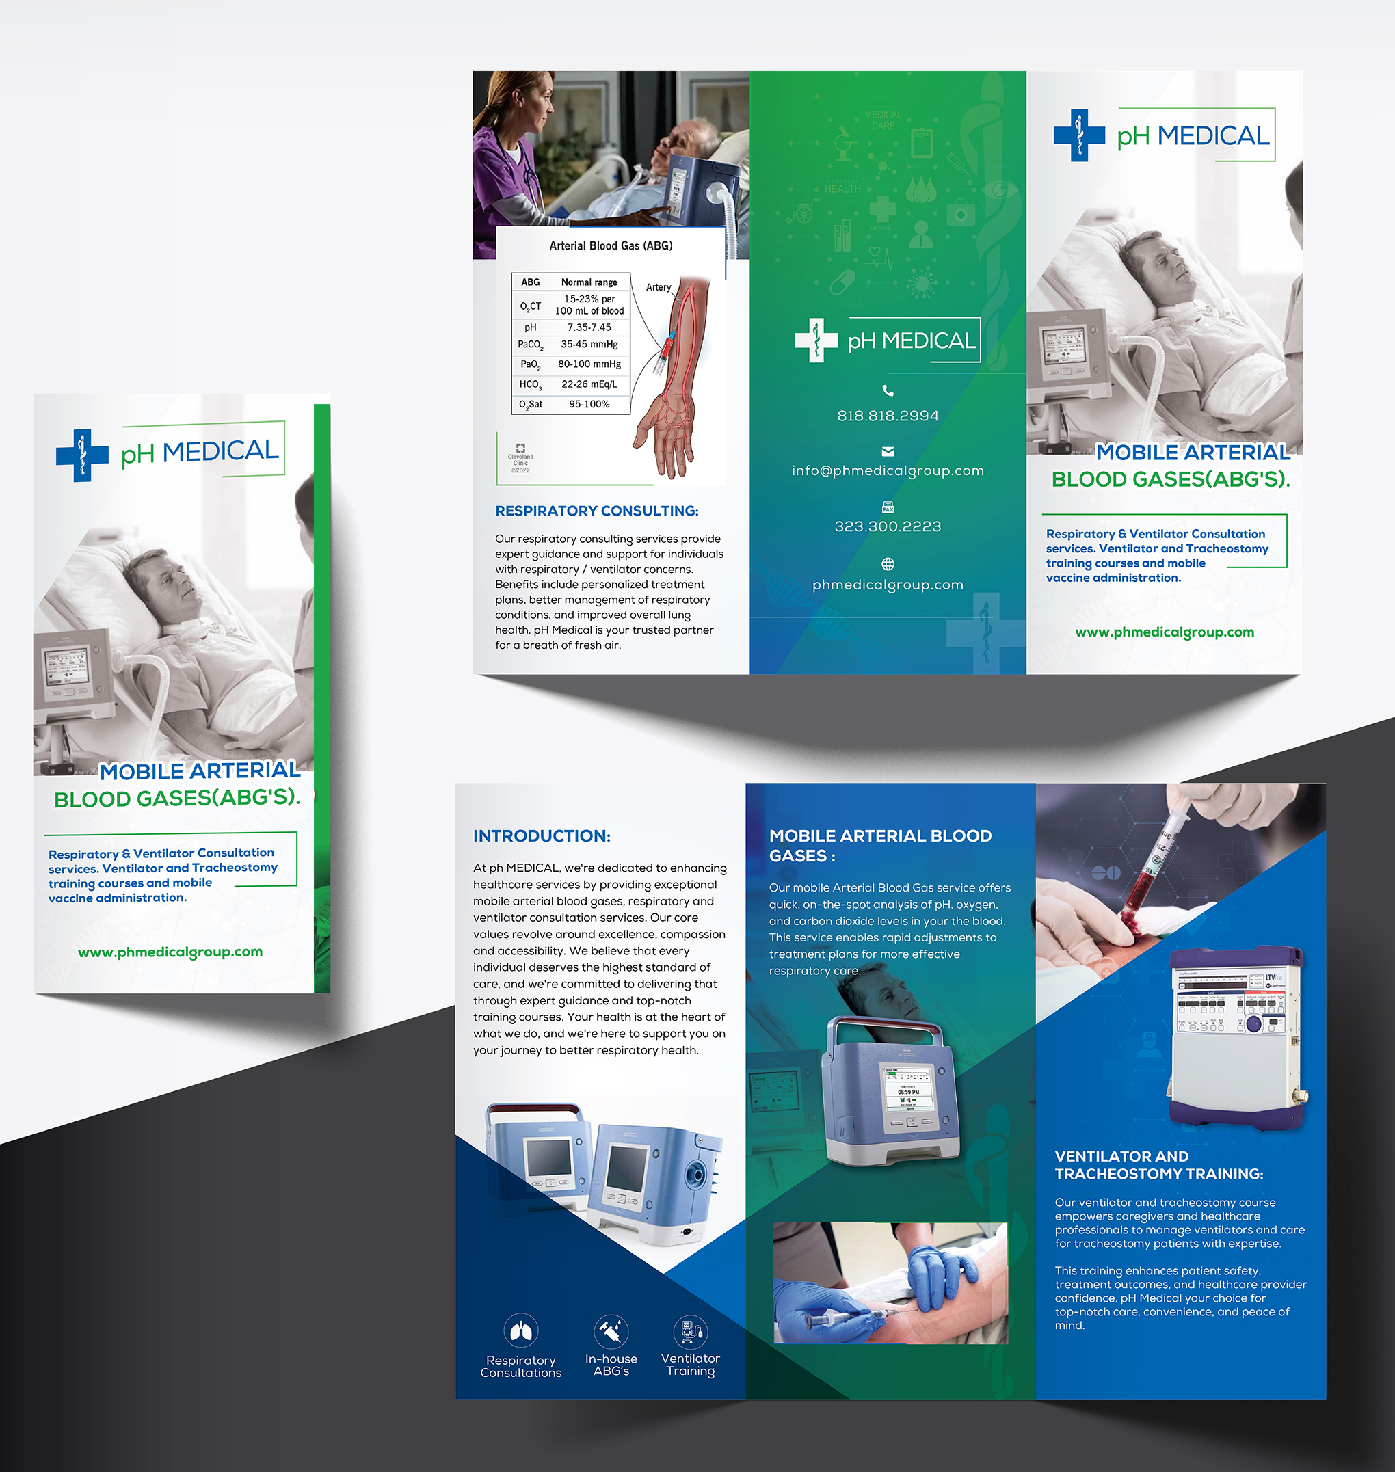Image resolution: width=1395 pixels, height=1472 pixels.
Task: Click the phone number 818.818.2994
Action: pyautogui.click(x=887, y=416)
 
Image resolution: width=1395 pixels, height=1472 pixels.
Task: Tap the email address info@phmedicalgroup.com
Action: pyautogui.click(x=887, y=470)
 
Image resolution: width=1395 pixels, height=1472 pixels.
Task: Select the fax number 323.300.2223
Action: pyautogui.click(x=887, y=526)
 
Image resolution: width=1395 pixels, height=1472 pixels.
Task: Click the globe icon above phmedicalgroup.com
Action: pyautogui.click(x=887, y=563)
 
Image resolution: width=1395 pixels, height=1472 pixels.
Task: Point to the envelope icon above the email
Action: pyautogui.click(x=887, y=451)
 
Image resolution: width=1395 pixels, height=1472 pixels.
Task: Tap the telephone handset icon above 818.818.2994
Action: pyautogui.click(x=887, y=390)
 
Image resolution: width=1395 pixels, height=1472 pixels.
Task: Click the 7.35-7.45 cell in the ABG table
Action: pyautogui.click(x=589, y=327)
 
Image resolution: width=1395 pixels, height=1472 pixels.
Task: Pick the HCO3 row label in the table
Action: pyautogui.click(x=530, y=384)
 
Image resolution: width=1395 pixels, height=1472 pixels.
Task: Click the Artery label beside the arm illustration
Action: pyautogui.click(x=658, y=287)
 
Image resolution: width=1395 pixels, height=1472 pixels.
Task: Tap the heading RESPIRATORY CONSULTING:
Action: pyautogui.click(x=596, y=511)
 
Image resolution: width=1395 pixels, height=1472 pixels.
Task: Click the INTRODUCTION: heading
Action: pyautogui.click(x=542, y=835)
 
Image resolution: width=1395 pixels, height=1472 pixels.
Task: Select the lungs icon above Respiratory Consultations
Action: pyautogui.click(x=520, y=1330)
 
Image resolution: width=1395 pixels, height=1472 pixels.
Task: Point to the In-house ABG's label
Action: pyautogui.click(x=611, y=1364)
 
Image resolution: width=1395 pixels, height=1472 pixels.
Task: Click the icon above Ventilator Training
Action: pyautogui.click(x=690, y=1330)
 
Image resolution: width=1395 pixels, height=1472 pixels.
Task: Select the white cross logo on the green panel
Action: pyautogui.click(x=816, y=340)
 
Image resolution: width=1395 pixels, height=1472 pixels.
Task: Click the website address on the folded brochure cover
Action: pyautogui.click(x=170, y=952)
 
